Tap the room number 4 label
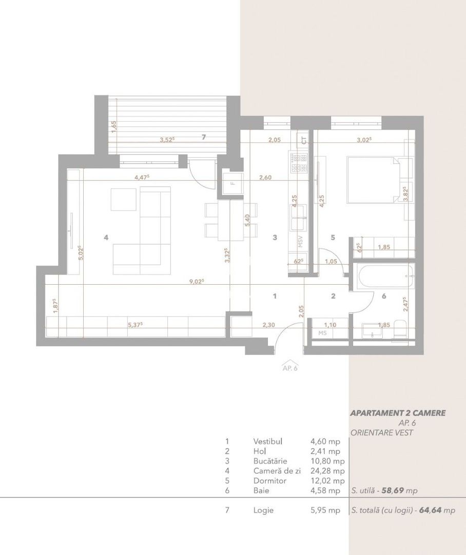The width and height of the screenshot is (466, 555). pos(106,237)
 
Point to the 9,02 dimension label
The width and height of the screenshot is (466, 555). pos(196,281)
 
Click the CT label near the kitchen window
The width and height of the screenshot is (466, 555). pos(304,139)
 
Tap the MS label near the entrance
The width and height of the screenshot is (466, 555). pos(322,333)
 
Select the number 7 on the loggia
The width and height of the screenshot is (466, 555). pos(204,137)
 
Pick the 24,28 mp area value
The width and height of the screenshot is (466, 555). pos(327,471)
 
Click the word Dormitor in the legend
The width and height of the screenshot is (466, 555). pos(269,481)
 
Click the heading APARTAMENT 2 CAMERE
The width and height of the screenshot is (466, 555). pos(398,413)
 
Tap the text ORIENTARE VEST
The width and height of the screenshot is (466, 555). pos(382,432)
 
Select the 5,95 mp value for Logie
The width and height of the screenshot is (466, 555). pos(325,510)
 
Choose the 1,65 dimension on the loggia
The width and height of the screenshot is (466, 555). pos(114,126)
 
